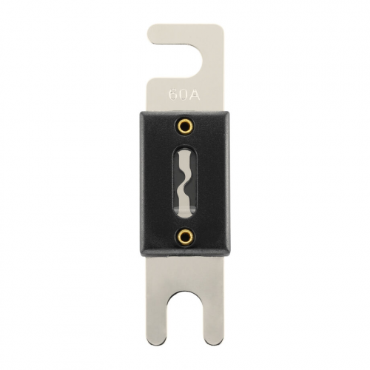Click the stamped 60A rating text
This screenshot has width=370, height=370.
click(184, 95)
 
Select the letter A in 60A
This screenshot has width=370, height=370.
click(194, 95)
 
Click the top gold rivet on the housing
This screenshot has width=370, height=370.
click(184, 127)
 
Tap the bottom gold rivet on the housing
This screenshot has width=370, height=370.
click(184, 237)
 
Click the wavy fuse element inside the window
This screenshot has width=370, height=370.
click(184, 181)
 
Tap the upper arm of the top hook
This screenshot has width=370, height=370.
click(185, 33)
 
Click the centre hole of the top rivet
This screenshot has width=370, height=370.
click(184, 127)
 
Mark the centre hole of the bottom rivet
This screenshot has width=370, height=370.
click(184, 237)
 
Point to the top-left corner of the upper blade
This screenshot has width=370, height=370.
click(149, 27)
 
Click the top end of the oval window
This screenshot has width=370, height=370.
click(184, 146)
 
